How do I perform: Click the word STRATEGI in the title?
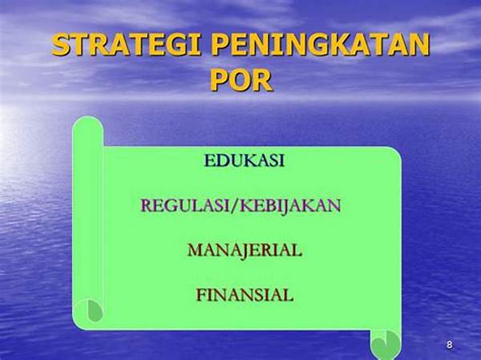point(126,45)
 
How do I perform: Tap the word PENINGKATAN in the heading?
point(320,45)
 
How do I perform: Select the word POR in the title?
point(241,80)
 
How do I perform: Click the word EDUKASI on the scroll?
point(245,160)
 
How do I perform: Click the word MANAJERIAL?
point(245,250)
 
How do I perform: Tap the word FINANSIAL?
point(245,295)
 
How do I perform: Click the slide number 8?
point(450,345)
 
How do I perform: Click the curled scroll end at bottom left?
point(90,310)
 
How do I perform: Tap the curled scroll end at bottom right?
point(386,344)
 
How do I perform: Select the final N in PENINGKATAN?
point(418,45)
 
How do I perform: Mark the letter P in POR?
point(219,80)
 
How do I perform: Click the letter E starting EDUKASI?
point(209,160)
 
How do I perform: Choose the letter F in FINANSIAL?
point(201,295)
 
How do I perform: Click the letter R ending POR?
point(263,80)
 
